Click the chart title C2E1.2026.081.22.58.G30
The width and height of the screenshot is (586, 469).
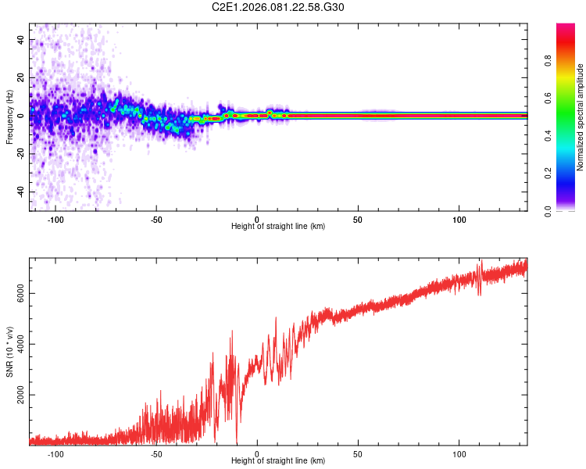click(278, 7)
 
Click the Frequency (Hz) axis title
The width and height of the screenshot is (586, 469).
click(9, 117)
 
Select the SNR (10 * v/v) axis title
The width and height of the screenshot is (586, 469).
click(9, 352)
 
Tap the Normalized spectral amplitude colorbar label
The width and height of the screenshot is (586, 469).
click(581, 117)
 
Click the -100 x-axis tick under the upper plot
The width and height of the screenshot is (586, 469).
click(55, 220)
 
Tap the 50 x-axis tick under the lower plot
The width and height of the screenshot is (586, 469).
click(358, 454)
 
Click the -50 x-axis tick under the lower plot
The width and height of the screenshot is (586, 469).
click(156, 454)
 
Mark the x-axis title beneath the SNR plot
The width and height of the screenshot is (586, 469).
click(278, 461)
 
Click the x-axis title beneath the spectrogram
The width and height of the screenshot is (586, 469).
click(278, 227)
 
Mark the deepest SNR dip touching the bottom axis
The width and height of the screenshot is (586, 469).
click(237, 443)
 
